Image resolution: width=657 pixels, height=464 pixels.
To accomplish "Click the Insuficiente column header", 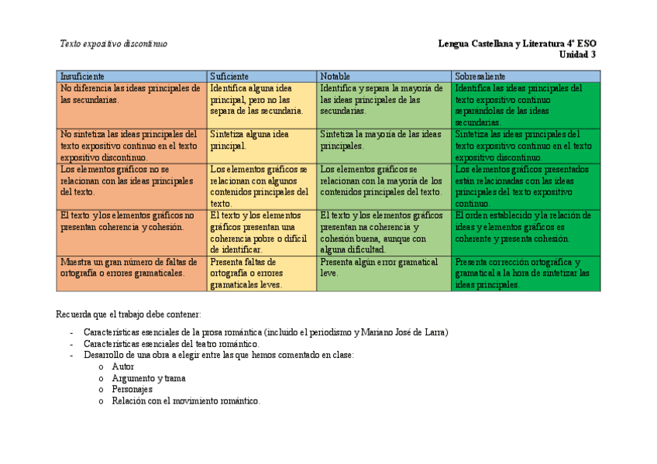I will (83, 77).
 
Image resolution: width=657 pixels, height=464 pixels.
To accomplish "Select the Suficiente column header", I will (229, 77).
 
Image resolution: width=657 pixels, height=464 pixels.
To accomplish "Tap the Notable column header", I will (335, 77).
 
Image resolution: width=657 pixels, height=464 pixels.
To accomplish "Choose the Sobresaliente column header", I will (480, 77).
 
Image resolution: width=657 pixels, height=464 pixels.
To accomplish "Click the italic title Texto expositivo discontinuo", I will (114, 43).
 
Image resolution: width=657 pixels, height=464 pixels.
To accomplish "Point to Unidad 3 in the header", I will (577, 54).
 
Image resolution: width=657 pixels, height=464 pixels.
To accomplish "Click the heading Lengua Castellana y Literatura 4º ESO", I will (517, 43).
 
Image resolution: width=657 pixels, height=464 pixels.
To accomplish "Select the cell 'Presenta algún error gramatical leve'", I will (380, 267).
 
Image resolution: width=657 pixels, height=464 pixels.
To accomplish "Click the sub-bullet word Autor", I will (123, 366).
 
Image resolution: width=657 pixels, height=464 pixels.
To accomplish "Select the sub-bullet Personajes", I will (132, 390).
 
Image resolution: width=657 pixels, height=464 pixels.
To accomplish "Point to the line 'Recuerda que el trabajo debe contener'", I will (129, 314).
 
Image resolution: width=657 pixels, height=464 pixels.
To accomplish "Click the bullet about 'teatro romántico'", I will (171, 344).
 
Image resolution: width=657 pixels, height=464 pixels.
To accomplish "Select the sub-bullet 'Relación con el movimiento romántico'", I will (186, 401).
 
